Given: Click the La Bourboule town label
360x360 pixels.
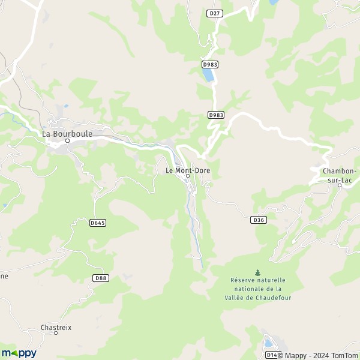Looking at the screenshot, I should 67,134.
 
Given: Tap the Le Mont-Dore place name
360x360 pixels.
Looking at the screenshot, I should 187,170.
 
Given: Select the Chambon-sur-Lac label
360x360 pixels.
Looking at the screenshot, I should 340,175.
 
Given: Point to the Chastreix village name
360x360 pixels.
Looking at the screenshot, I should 56,327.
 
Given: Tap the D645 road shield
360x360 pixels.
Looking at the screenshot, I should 97,223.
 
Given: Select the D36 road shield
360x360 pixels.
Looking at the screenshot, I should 258,220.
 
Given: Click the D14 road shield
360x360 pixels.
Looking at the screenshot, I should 271,355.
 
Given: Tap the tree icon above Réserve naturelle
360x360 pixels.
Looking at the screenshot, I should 258,272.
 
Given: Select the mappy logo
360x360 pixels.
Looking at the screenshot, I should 19,353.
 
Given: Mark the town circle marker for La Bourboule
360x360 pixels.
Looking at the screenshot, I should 68,141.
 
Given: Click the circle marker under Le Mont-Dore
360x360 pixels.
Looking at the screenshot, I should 188,176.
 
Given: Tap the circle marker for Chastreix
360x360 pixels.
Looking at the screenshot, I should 56,333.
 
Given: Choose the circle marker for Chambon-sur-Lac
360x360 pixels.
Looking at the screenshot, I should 339,185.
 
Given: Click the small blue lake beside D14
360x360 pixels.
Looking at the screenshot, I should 268,344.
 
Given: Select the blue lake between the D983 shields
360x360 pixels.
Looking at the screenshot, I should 208,76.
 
